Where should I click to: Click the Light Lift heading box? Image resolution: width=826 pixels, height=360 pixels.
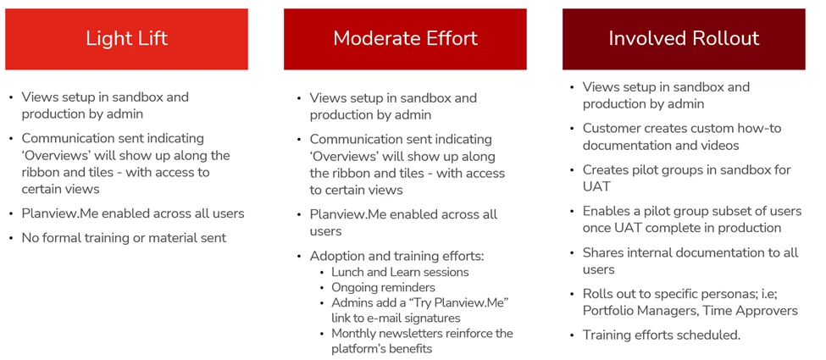tap(126, 39)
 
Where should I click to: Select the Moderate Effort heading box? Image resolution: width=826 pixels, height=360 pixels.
tap(405, 39)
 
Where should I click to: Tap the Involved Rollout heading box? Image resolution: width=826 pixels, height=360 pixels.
tap(684, 39)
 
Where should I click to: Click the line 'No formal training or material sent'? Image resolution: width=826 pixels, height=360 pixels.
tap(124, 238)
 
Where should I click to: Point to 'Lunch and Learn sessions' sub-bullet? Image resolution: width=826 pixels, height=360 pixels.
tap(400, 272)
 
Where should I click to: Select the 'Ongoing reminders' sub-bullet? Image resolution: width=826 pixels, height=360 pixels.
tap(383, 287)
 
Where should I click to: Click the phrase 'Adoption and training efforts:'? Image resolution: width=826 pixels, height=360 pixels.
tap(396, 256)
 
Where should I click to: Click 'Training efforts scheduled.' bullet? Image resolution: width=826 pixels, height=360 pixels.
tap(661, 335)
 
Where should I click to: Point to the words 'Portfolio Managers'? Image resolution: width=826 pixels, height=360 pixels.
tap(640, 311)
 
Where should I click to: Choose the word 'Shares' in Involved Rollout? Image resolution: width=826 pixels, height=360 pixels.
tap(601, 253)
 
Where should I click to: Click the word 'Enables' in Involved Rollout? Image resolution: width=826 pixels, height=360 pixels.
tap(605, 212)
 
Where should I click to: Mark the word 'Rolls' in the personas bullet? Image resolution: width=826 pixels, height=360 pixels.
tap(597, 294)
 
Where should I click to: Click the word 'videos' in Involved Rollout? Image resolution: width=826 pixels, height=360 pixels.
tap(720, 145)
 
